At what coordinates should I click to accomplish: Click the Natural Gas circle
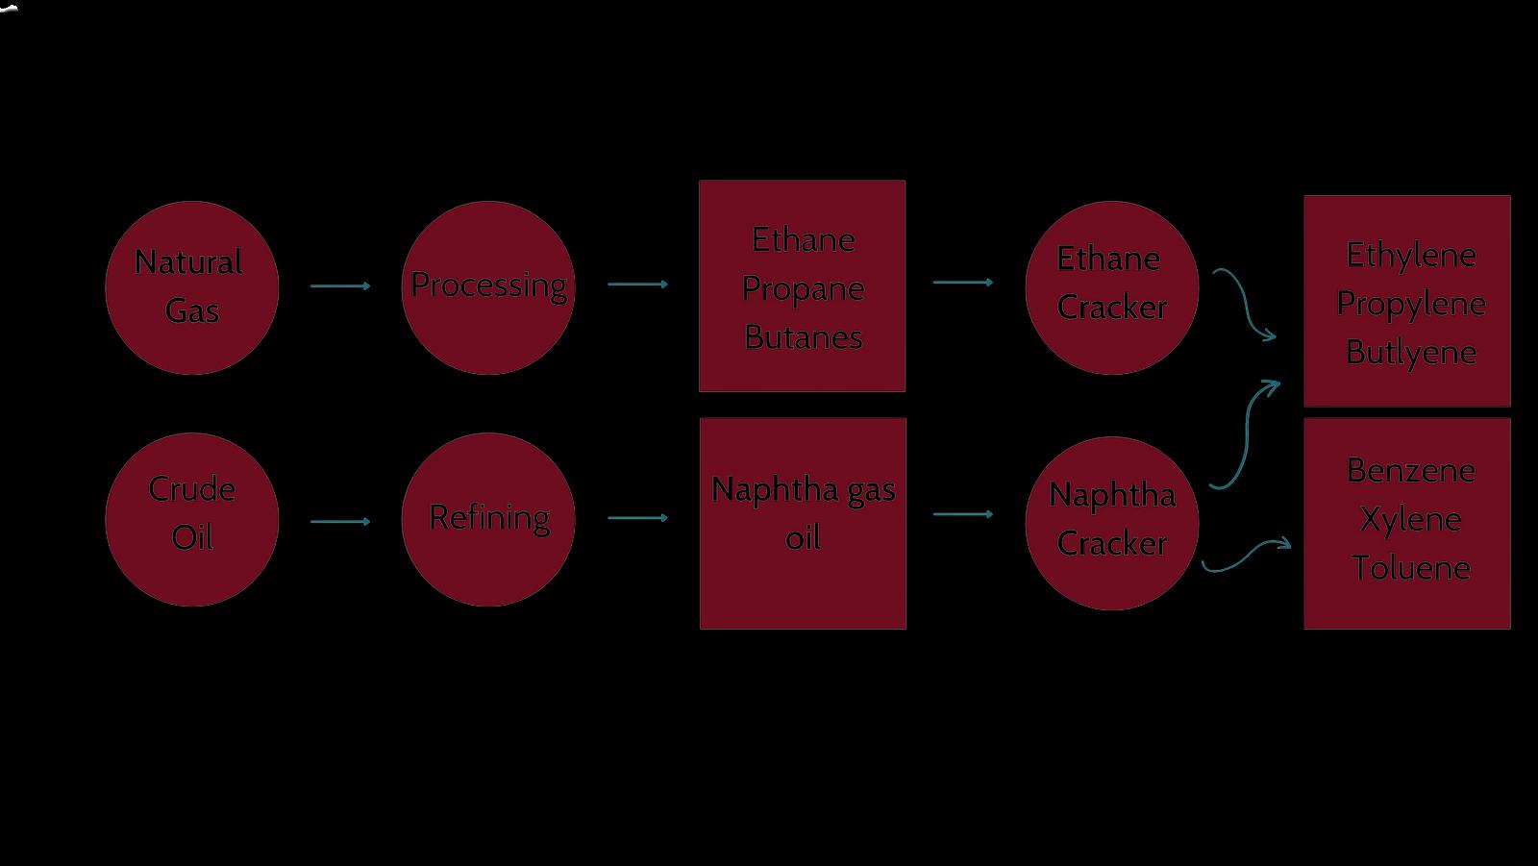[191, 287]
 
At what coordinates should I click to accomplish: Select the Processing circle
[488, 287]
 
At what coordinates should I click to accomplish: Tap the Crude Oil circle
[191, 520]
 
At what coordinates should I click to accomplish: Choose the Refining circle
[488, 520]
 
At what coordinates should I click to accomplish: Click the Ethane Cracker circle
[1112, 287]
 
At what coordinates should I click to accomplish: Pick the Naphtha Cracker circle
[1112, 523]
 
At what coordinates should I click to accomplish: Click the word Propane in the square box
[803, 288]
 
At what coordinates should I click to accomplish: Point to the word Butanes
[803, 337]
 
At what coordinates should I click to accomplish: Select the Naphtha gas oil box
[803, 523]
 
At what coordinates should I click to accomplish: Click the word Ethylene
[1410, 255]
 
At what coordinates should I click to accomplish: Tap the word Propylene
[1410, 304]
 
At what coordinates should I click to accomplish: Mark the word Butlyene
[1410, 353]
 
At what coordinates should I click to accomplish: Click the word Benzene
[1410, 470]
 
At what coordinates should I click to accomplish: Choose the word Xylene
[1410, 519]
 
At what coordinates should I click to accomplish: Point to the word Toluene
[1410, 568]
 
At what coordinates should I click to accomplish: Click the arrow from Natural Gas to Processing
[340, 285]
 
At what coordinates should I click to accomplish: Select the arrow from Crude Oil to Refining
[340, 522]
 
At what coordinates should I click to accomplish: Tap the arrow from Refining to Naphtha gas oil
[637, 518]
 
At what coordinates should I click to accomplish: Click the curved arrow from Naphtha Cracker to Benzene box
[1247, 555]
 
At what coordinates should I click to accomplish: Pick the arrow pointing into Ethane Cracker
[963, 283]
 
